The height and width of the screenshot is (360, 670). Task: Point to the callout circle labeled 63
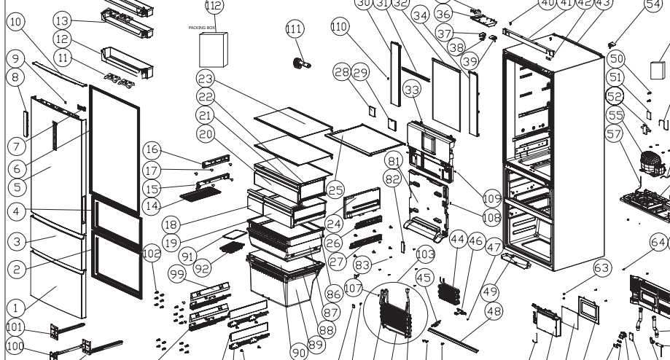point(601,269)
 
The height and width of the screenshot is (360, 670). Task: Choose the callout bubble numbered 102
point(152,254)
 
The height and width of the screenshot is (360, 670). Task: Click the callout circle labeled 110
point(339,27)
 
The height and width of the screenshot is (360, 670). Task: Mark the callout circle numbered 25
point(335,189)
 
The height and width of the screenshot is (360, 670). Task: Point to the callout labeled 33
point(413,90)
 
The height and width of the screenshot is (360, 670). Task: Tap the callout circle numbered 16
point(151,150)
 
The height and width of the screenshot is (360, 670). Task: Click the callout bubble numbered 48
point(494,311)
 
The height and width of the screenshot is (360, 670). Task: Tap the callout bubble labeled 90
point(299,352)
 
